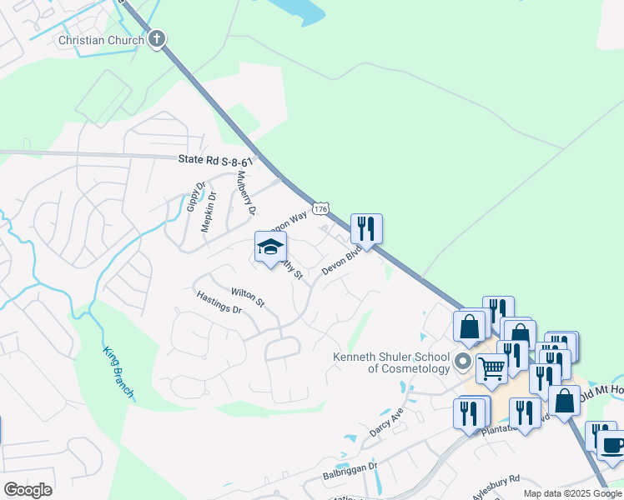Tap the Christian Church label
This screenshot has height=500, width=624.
pos(101,39)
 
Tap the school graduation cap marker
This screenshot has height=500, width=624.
pos(270,247)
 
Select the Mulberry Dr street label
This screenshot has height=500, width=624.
pos(244,192)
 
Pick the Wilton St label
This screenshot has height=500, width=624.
pos(248,297)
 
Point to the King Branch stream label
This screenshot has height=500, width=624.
pos(118,372)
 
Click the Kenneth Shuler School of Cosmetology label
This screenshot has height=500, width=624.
pos(390,362)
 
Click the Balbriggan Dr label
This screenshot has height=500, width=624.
pos(350,472)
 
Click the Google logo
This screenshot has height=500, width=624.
pos(28,490)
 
